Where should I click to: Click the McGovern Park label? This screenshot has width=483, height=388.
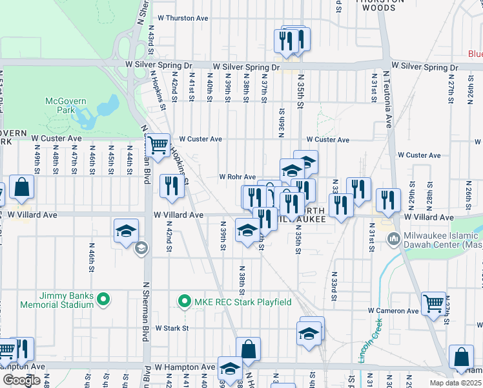tap(61, 106)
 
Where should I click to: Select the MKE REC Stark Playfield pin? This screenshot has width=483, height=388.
tap(184, 302)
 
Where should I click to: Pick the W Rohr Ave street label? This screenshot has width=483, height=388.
tap(237, 177)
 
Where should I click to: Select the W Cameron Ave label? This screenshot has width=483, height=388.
tap(394, 310)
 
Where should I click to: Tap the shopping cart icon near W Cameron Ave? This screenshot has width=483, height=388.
tap(432, 303)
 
